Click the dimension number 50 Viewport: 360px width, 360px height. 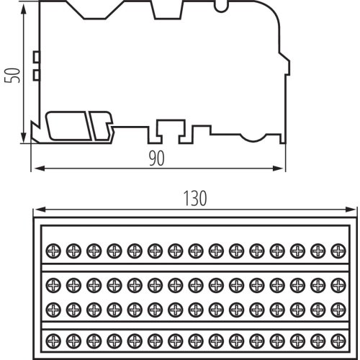pyautogui.click(x=12, y=76)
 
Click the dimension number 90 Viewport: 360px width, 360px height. pyautogui.click(x=157, y=158)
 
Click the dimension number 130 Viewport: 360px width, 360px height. pyautogui.click(x=195, y=198)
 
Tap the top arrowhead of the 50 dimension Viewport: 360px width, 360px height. pyautogui.click(x=23, y=9)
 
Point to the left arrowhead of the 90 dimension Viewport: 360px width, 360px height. pyautogui.click(x=40, y=168)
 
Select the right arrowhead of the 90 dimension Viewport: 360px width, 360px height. pyautogui.click(x=278, y=168)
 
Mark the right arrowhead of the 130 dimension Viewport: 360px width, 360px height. pyautogui.click(x=350, y=210)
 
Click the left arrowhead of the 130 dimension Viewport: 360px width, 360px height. pyautogui.click(x=40, y=210)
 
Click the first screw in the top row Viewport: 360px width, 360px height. pyautogui.click(x=53, y=251)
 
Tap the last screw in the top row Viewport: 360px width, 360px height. pyautogui.click(x=338, y=251)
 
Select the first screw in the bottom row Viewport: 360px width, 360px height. pyautogui.click(x=53, y=341)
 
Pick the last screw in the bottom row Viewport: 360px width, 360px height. pyautogui.click(x=338, y=341)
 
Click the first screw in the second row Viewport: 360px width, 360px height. pyautogui.click(x=53, y=285)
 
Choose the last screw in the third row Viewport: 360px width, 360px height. pyautogui.click(x=338, y=310)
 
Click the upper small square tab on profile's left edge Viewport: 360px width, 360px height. pyautogui.click(x=37, y=57)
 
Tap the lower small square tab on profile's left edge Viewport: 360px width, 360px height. pyautogui.click(x=37, y=75)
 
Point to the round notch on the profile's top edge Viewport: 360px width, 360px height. pyautogui.click(x=221, y=7)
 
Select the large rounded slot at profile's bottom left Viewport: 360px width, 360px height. pyautogui.click(x=68, y=126)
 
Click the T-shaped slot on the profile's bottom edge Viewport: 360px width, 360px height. pyautogui.click(x=171, y=131)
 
